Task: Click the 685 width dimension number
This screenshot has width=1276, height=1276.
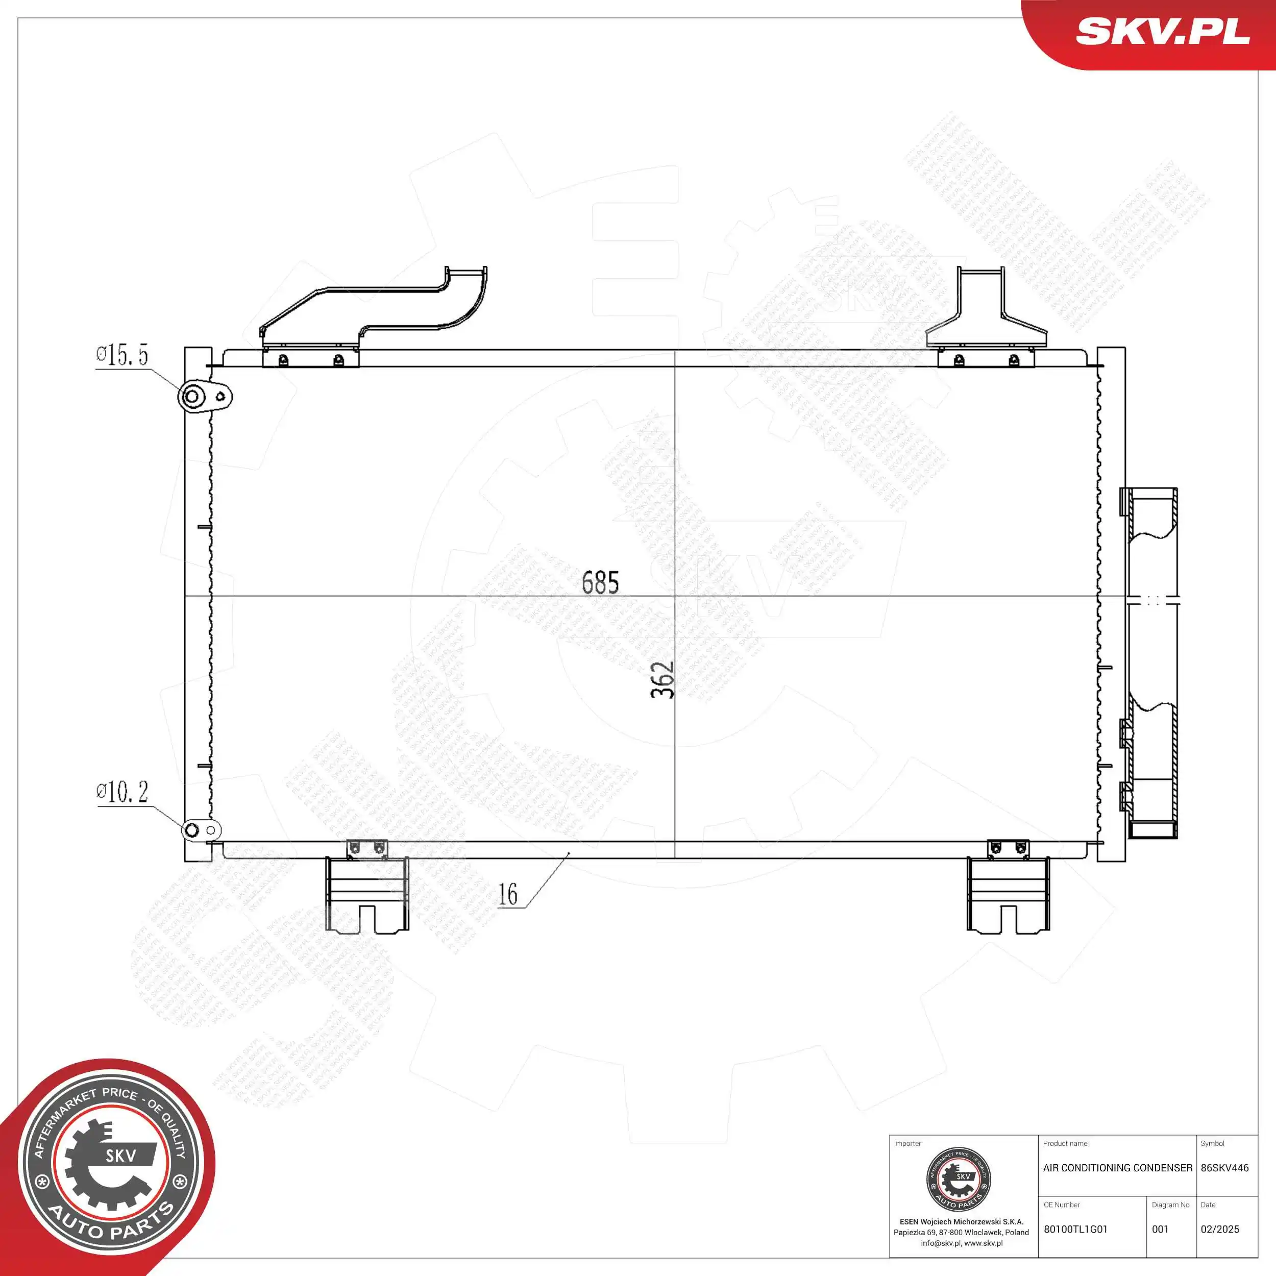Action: [600, 582]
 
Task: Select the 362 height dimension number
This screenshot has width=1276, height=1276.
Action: [662, 680]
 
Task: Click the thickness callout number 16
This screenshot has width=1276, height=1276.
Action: [508, 895]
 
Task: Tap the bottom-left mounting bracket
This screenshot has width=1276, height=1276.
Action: [366, 894]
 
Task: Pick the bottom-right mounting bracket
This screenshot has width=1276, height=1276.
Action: [1008, 894]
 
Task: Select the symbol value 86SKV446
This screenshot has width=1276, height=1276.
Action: [1224, 1168]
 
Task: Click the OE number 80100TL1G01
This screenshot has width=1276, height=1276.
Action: [1075, 1229]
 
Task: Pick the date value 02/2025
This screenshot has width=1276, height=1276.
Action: [1220, 1229]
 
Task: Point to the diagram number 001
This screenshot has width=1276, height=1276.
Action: [1161, 1229]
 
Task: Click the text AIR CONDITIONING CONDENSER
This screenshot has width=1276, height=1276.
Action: [1117, 1168]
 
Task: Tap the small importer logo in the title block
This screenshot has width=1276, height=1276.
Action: [959, 1180]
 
